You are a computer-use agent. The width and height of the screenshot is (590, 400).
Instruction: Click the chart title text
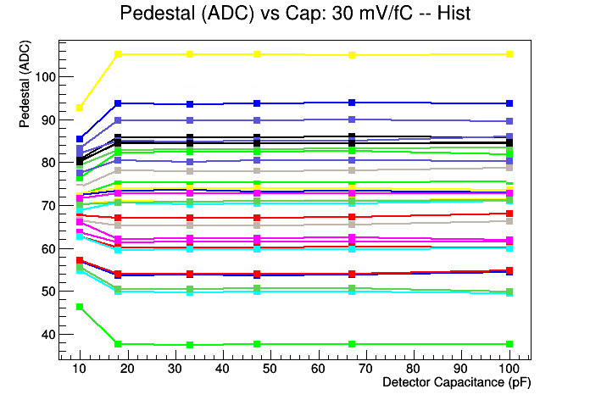point(294,14)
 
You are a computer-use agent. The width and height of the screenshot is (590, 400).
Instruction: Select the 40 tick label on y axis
point(45,334)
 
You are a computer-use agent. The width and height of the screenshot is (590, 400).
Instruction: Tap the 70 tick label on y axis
point(45,206)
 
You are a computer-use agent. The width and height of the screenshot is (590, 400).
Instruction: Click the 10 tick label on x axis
point(80,369)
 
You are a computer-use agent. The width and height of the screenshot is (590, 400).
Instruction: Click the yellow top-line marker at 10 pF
point(80,108)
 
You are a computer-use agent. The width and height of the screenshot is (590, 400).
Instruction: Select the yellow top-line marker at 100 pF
point(509,54)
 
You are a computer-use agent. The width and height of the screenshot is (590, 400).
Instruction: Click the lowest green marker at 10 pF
point(80,307)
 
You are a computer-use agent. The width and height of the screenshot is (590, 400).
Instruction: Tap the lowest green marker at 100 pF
point(509,344)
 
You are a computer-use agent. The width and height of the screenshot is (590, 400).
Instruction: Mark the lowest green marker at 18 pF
point(118,344)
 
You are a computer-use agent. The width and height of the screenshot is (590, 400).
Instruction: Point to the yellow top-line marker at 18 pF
point(118,54)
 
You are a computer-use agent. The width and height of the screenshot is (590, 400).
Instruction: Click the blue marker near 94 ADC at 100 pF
point(509,103)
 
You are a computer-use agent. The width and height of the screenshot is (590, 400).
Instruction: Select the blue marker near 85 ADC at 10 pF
point(80,139)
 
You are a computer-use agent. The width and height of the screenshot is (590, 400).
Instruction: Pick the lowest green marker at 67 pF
point(352,344)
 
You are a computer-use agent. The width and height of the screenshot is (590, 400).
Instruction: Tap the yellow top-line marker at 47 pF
point(256,54)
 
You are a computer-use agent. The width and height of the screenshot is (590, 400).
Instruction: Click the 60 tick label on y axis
point(45,248)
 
